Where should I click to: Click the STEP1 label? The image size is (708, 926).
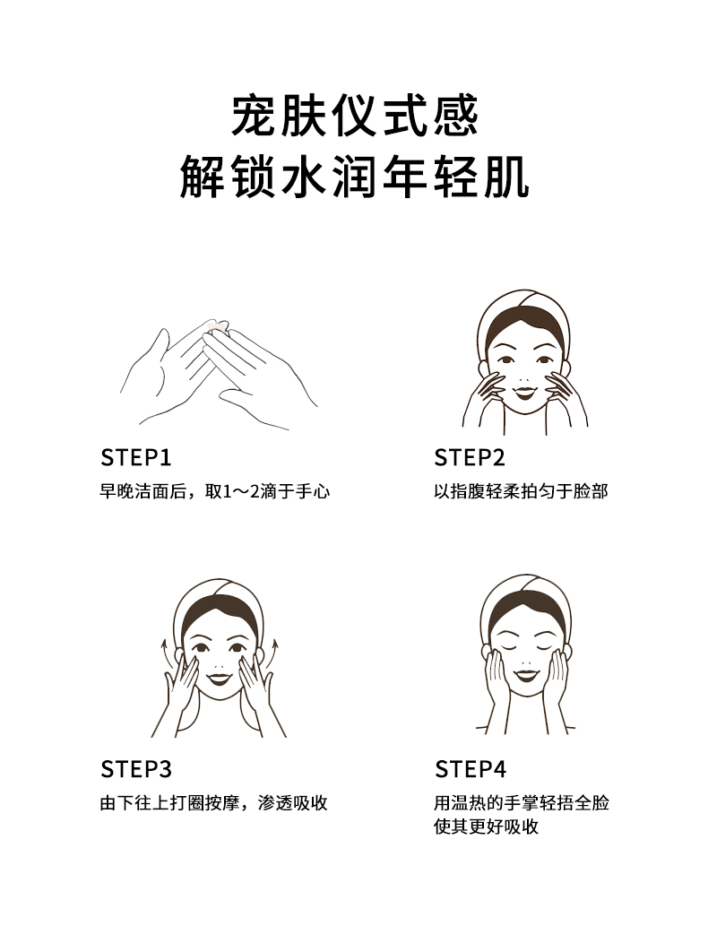(136, 458)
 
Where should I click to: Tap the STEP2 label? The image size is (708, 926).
(470, 458)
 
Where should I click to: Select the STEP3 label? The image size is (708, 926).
(136, 769)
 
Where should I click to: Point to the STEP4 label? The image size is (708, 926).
(471, 769)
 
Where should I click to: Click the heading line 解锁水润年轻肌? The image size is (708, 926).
(354, 177)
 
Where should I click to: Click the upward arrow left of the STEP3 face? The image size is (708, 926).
(165, 653)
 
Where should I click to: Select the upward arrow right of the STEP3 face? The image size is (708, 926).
(272, 653)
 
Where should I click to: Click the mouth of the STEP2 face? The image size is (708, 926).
(524, 391)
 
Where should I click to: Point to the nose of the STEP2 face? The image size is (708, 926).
(523, 378)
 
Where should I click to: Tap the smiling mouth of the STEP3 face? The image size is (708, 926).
(219, 679)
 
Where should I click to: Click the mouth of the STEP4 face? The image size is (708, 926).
(525, 674)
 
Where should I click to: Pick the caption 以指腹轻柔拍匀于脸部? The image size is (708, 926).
(522, 491)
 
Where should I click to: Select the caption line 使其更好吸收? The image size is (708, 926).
(487, 826)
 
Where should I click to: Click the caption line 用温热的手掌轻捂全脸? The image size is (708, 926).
(522, 803)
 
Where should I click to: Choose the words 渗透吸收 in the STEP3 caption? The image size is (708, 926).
(292, 803)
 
